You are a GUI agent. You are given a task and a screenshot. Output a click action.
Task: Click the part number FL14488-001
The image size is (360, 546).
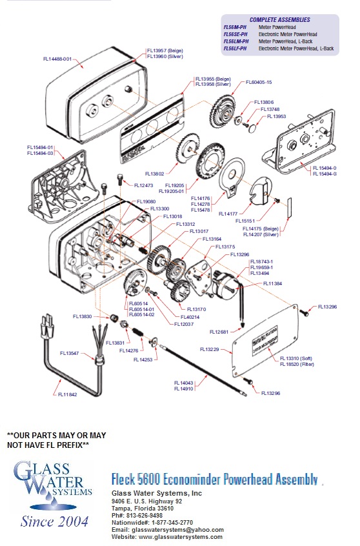(x=57, y=59)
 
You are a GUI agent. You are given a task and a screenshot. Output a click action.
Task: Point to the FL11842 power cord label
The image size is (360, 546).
(x=67, y=394)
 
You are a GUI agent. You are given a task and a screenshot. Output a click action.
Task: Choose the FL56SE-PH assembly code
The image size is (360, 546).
(x=235, y=34)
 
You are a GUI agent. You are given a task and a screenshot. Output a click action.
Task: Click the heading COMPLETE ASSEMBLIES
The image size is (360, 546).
(x=279, y=20)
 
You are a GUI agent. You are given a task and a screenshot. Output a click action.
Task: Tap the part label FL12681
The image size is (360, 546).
(x=221, y=331)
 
